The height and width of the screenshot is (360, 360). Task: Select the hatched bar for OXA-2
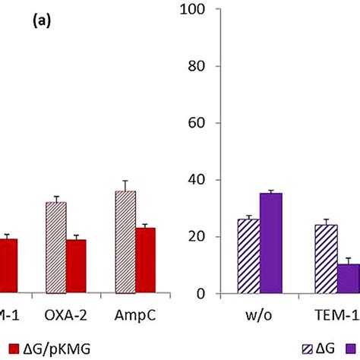tap(56, 248)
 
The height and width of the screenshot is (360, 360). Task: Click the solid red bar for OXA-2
tap(76, 267)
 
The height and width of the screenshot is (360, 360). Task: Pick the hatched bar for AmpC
tap(125, 242)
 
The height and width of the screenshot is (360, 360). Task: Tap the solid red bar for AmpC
tap(145, 261)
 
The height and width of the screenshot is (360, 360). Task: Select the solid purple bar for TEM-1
tap(349, 279)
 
